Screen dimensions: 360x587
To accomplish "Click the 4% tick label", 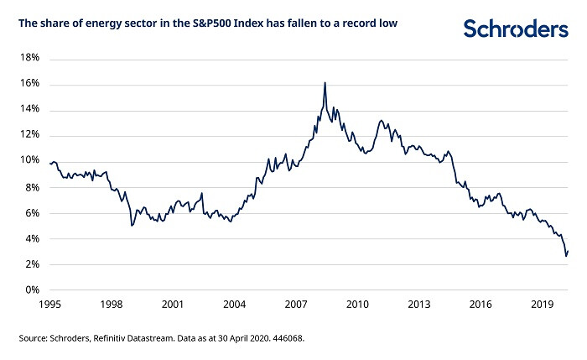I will [31, 239].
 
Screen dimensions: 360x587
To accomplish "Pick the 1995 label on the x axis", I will [49, 305].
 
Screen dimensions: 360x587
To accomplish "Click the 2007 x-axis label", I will [296, 305].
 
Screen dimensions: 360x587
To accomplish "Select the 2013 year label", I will [419, 305].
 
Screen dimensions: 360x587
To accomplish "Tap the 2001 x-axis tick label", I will [173, 305].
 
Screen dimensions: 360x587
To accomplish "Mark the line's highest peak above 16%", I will [325, 82].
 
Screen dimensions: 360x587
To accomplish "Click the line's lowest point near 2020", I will [566, 255].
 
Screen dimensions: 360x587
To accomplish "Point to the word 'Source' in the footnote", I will [33, 339].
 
